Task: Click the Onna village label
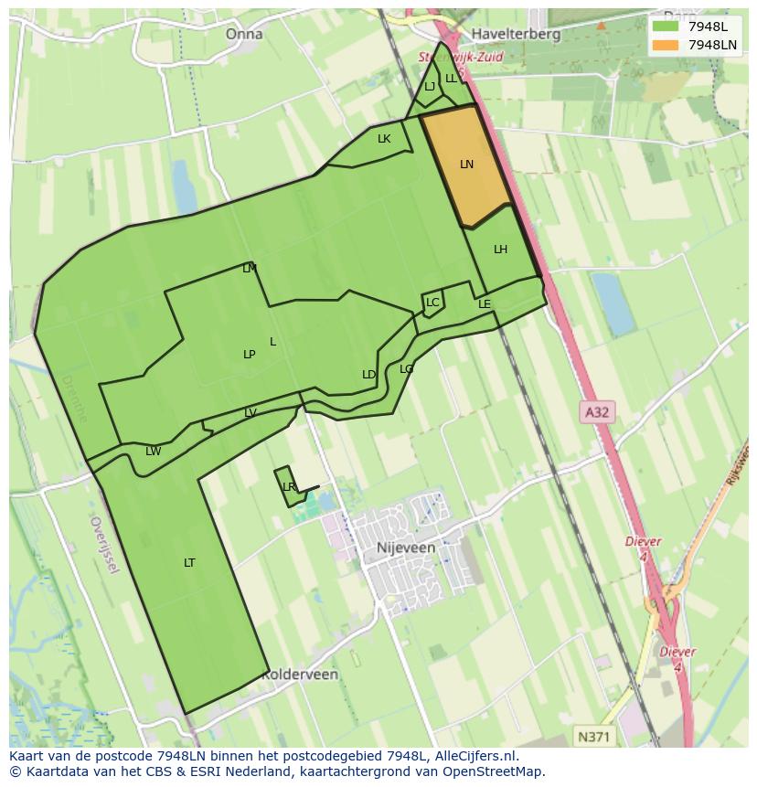click(244, 34)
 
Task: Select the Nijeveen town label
click(405, 548)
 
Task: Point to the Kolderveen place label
click(300, 675)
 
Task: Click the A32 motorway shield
click(596, 412)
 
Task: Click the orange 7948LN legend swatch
click(666, 45)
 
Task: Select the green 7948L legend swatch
click(666, 26)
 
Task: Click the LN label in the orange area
click(466, 165)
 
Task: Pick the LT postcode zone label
click(189, 563)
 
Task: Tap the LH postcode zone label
click(500, 250)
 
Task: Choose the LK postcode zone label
click(384, 139)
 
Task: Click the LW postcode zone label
click(153, 452)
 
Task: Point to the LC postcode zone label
click(432, 303)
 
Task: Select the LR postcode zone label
click(289, 487)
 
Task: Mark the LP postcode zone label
click(249, 355)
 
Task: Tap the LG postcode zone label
click(406, 369)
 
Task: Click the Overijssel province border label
click(104, 545)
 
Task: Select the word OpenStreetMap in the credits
click(496, 771)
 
